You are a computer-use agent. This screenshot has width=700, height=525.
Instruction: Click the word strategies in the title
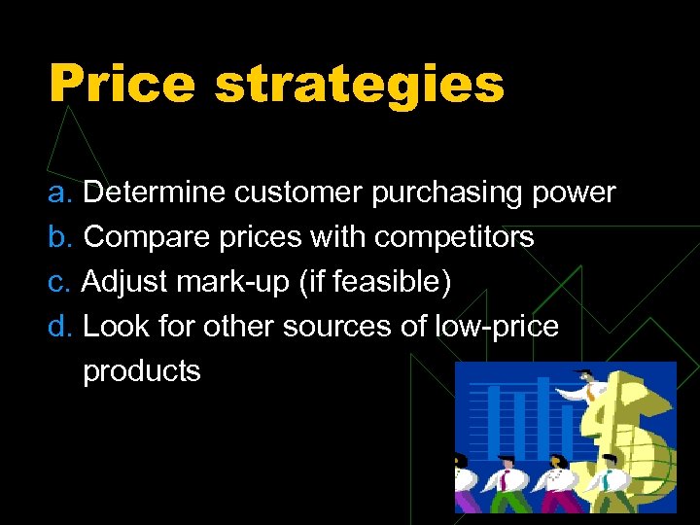pyautogui.click(x=359, y=86)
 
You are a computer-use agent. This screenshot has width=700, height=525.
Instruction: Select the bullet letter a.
pyautogui.click(x=60, y=192)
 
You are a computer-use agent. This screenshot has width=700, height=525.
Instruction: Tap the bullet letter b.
pyautogui.click(x=60, y=236)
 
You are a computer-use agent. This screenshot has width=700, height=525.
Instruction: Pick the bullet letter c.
pyautogui.click(x=59, y=282)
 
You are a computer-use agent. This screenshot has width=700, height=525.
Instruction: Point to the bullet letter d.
pyautogui.click(x=60, y=327)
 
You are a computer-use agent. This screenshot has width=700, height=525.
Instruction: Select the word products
pyautogui.click(x=142, y=371)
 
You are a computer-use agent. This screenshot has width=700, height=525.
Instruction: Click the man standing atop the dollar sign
pyautogui.click(x=590, y=389)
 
